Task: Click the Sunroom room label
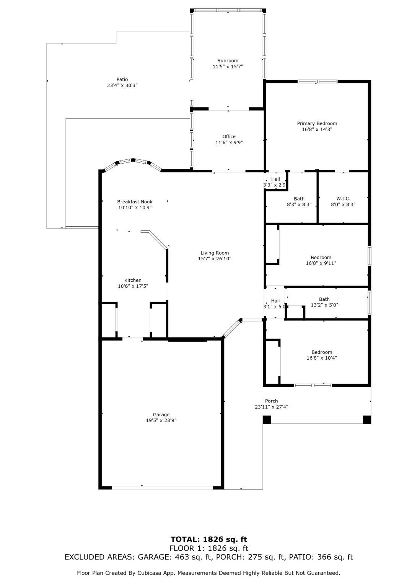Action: [228, 60]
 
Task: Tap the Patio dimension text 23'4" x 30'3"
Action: [122, 85]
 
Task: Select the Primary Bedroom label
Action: [317, 123]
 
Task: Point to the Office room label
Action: [229, 136]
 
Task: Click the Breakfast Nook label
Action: [135, 201]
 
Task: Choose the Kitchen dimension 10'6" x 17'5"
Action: [133, 286]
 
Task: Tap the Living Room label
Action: [215, 253]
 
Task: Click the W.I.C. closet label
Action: [343, 199]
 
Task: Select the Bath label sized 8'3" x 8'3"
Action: [299, 199]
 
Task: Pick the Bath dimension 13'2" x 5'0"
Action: [324, 305]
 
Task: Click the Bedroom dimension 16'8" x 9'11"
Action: [321, 263]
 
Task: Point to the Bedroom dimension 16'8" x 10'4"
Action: [321, 358]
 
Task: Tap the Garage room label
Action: [161, 414]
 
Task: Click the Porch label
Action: [271, 401]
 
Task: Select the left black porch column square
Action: [267, 420]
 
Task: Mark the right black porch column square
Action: [367, 420]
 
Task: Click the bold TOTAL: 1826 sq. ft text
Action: [209, 539]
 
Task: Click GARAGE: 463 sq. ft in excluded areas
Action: [174, 557]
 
